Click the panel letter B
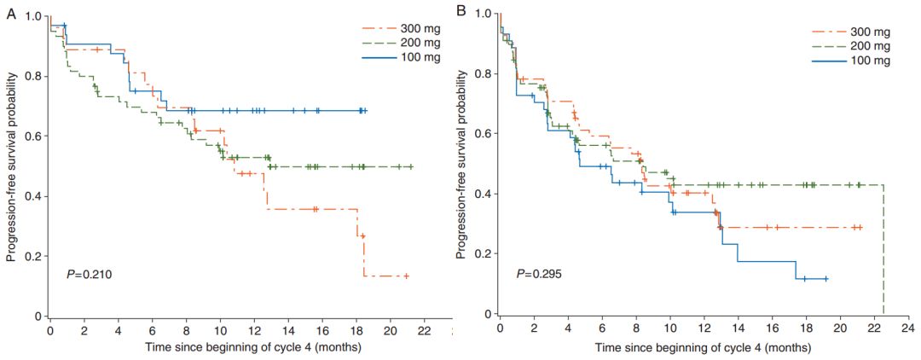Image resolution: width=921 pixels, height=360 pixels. click(x=461, y=12)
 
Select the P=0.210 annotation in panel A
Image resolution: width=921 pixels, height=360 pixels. click(x=87, y=275)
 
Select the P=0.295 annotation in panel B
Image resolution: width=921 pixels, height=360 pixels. click(x=538, y=275)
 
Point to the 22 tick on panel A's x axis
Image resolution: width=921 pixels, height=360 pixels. click(x=424, y=329)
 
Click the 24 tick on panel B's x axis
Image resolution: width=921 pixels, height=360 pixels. click(x=908, y=328)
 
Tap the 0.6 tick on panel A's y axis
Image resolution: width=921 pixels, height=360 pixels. click(x=33, y=136)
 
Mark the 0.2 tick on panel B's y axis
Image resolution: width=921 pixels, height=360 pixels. click(x=482, y=254)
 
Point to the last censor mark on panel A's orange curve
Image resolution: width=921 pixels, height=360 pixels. click(x=407, y=276)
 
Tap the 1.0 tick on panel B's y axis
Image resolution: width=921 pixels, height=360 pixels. click(x=482, y=14)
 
